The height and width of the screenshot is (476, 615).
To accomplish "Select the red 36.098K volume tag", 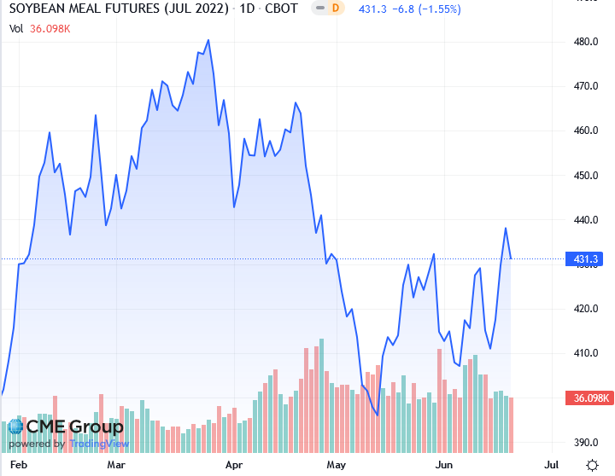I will pos(588,398).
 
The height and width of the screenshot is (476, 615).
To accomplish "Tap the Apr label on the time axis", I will pos(232,466).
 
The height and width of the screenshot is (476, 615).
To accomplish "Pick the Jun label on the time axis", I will pos(443,466).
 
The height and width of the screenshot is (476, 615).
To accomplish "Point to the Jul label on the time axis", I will pos(551,466).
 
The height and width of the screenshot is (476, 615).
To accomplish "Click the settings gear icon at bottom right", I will pos(592,465).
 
